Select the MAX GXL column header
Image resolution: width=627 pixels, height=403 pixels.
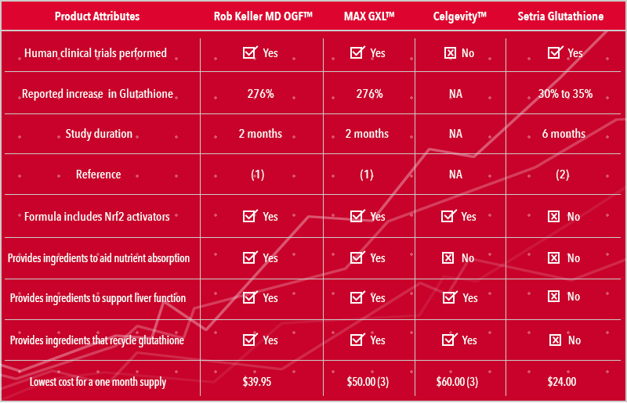[x=367, y=16]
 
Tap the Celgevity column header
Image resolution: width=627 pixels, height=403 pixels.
[x=456, y=16]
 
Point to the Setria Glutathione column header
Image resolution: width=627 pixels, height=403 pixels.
[x=562, y=16]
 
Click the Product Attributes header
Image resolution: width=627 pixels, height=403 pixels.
[x=98, y=16]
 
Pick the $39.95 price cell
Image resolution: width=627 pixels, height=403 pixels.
[x=258, y=382]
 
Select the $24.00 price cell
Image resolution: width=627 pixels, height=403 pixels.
[x=562, y=382]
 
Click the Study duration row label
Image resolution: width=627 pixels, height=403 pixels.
[x=99, y=134]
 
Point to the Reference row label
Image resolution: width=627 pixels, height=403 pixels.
[x=99, y=175]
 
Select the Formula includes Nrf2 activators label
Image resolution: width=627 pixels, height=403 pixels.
[x=97, y=216]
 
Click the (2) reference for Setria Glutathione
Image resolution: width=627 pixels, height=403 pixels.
[x=562, y=175]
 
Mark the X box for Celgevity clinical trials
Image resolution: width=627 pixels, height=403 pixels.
[x=450, y=53]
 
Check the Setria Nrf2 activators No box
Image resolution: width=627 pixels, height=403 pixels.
[x=554, y=216]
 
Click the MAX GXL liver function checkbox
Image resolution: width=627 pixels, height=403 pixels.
[x=357, y=297]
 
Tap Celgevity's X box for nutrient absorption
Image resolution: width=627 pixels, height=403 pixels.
[x=449, y=257]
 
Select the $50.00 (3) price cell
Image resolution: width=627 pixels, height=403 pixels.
[x=368, y=382]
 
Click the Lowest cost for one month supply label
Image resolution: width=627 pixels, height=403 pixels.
[x=98, y=382]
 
